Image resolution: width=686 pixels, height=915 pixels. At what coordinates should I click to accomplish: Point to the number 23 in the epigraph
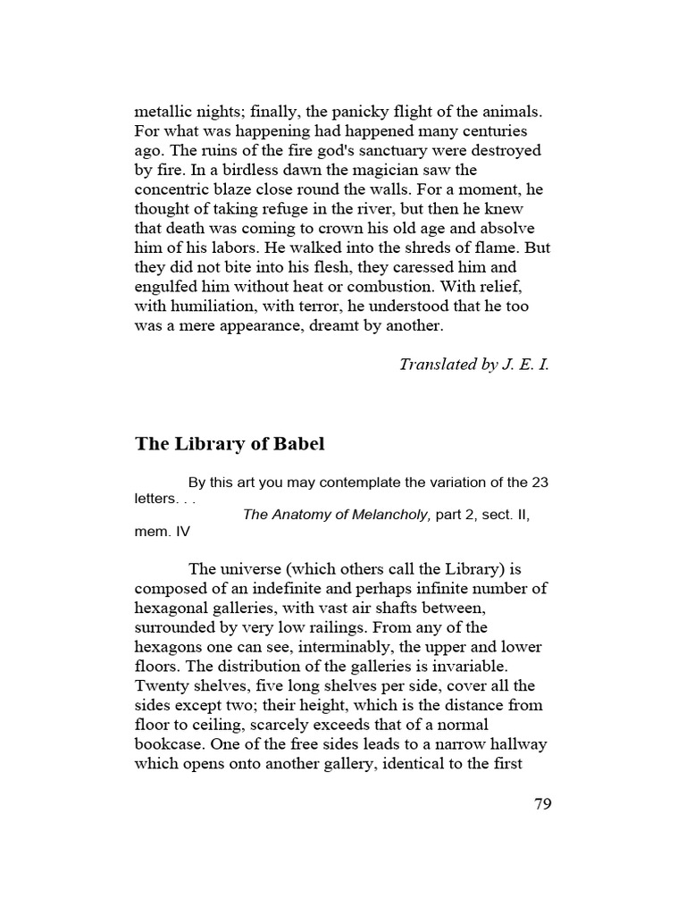[540, 483]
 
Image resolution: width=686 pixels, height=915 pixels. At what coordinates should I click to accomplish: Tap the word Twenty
[159, 686]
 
